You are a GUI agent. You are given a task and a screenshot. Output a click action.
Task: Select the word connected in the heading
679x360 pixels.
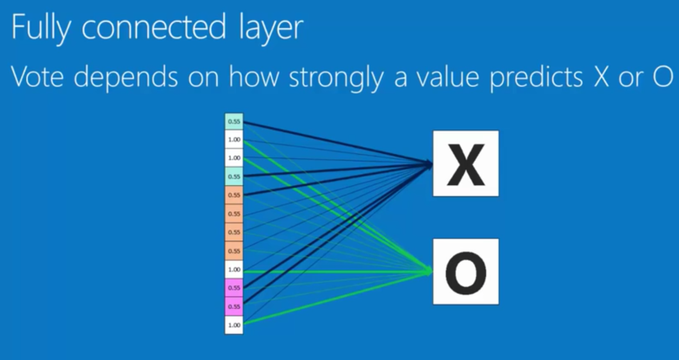153,27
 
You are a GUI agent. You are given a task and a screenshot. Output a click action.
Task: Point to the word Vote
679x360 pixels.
38,77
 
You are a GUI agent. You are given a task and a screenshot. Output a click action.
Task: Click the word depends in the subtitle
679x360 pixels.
125,77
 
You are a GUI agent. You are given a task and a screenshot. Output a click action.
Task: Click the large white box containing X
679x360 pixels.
466,164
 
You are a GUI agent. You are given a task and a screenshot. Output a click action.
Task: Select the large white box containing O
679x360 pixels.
466,272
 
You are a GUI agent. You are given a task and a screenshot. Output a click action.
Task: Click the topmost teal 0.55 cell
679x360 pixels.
234,122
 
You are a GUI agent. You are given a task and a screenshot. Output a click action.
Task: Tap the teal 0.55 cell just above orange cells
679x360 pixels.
234,176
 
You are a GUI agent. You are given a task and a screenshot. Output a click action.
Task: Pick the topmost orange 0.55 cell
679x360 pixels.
234,195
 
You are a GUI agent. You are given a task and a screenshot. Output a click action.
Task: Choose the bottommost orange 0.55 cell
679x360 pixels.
234,251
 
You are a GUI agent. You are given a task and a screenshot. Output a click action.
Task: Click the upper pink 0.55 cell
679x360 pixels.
234,288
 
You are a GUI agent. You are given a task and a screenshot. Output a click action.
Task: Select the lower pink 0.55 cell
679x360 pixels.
234,307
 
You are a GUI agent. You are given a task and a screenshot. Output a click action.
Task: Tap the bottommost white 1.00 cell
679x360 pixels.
234,325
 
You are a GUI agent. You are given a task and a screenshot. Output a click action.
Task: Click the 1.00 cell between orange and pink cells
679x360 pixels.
234,269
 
